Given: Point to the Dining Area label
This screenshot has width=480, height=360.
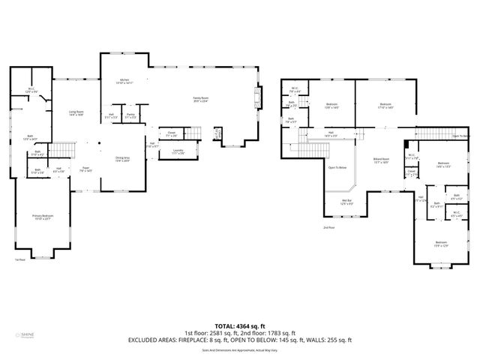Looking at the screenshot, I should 121,159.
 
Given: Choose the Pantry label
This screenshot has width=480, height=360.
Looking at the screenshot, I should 130,115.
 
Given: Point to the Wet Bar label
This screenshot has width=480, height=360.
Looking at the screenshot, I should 346,202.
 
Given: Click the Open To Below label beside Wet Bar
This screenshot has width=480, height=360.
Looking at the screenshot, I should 337,168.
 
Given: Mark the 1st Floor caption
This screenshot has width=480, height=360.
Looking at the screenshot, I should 20,259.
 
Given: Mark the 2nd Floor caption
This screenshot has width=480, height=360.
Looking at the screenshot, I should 328,227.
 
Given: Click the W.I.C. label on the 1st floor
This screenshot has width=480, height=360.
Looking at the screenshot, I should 31,90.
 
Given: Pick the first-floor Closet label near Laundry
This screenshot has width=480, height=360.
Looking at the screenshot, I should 172,133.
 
